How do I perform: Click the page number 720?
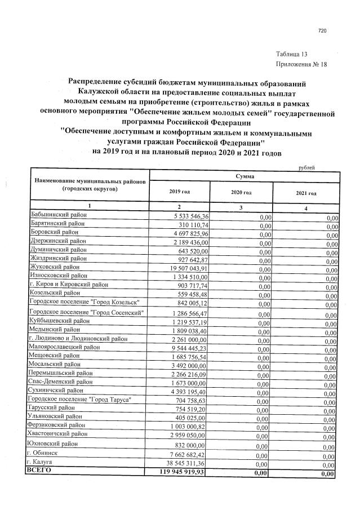[x=322, y=30]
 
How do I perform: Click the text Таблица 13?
[x=291, y=54]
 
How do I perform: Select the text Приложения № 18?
[x=301, y=64]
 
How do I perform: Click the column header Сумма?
[x=245, y=176]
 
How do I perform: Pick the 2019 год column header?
[x=179, y=192]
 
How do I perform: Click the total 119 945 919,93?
[x=175, y=471]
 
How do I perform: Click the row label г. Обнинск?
[x=45, y=453]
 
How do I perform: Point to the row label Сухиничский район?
[x=59, y=390]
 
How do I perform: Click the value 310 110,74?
[x=189, y=224]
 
